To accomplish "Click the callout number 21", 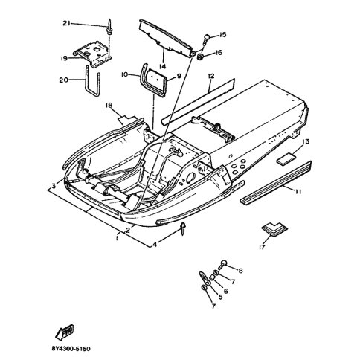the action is (66, 23).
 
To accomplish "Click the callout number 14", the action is (163, 66).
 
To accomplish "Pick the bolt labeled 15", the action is (206, 39).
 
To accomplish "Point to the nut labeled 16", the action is (200, 57).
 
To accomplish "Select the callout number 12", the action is (211, 76).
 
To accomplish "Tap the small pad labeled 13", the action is (286, 158).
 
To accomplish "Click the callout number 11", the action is (298, 192).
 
